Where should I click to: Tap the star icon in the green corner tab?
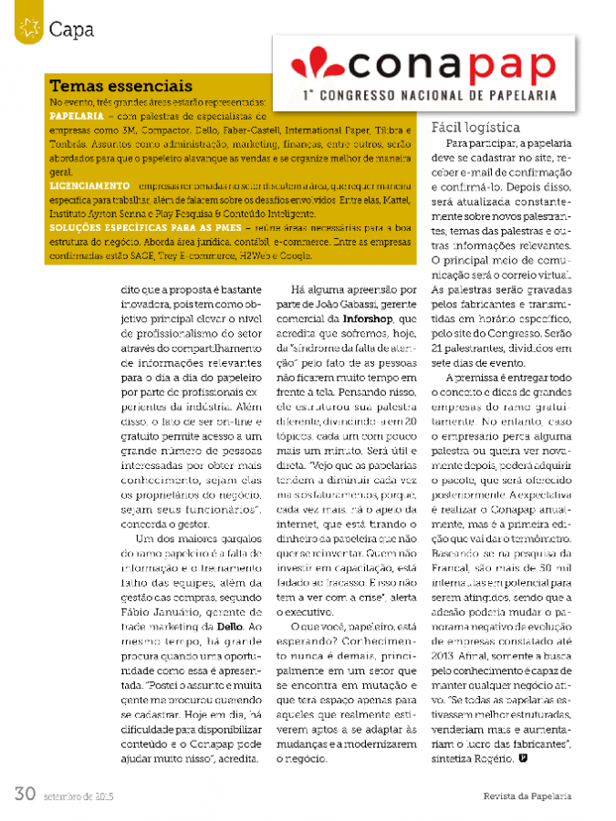coord(28,28)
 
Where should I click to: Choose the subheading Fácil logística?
coord(475,128)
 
